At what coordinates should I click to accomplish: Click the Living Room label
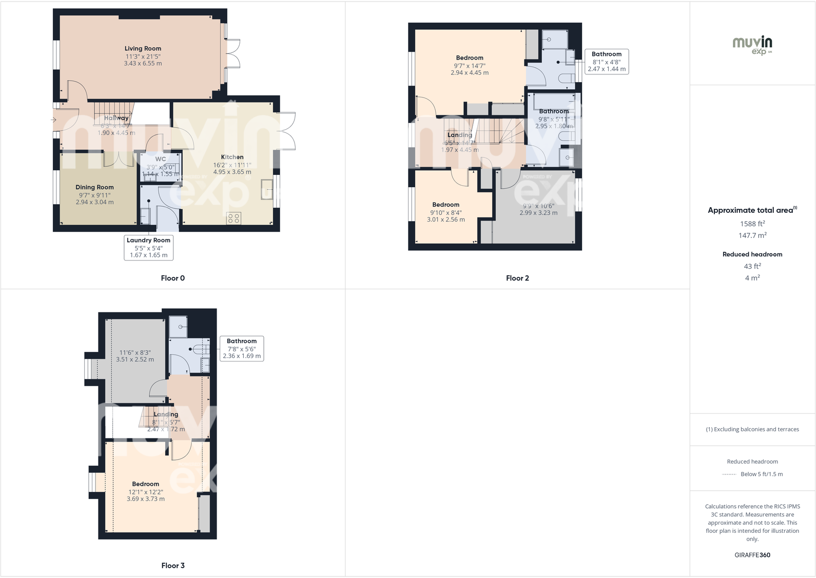143,49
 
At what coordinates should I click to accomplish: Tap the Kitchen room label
232,157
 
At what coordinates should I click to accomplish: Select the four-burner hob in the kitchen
234,218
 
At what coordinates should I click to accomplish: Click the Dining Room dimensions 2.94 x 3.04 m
94,202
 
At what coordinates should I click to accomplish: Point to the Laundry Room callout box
148,247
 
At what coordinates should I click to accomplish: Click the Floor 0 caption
172,278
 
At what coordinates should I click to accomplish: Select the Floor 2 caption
517,278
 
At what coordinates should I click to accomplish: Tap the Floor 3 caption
172,565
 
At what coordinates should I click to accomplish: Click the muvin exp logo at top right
752,45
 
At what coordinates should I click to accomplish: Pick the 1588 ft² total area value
752,224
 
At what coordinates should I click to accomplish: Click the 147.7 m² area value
752,235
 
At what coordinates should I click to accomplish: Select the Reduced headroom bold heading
752,254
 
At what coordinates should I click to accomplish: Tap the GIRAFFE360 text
752,555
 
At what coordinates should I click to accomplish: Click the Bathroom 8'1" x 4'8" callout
606,62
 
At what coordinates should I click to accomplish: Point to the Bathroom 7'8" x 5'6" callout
241,348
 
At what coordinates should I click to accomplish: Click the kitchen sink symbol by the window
266,188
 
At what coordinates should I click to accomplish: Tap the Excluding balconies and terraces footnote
752,429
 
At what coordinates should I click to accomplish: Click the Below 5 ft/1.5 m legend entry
761,474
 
